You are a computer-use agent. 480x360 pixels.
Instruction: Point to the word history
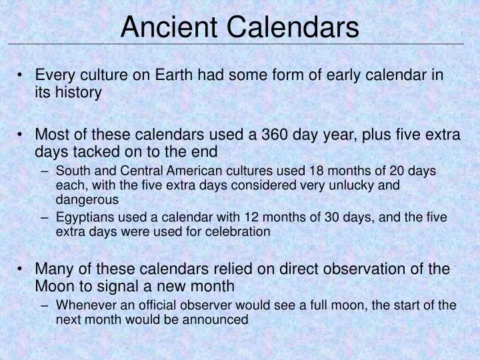tap(78, 92)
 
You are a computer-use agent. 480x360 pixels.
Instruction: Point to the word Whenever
tap(84, 305)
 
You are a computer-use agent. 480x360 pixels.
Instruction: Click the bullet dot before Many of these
tap(22, 269)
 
